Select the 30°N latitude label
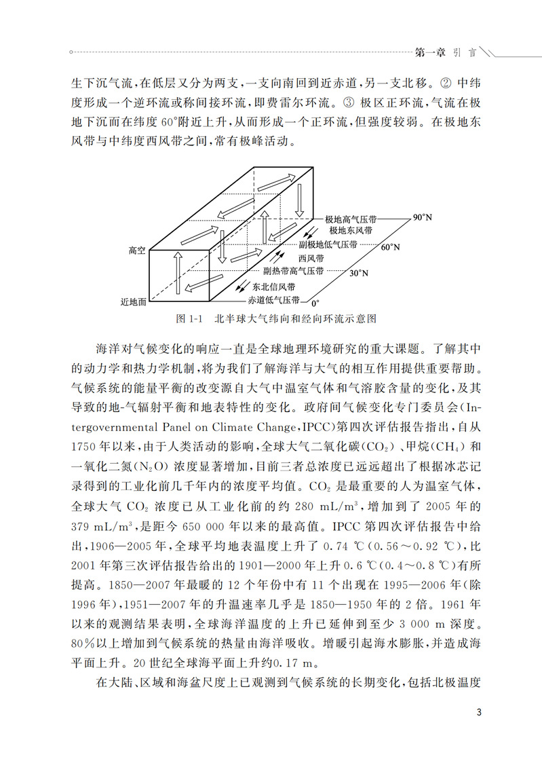tap(360, 274)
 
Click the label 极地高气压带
tap(351, 220)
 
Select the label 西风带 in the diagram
tap(310, 259)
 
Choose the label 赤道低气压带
tap(276, 299)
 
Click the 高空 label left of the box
tap(137, 251)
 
